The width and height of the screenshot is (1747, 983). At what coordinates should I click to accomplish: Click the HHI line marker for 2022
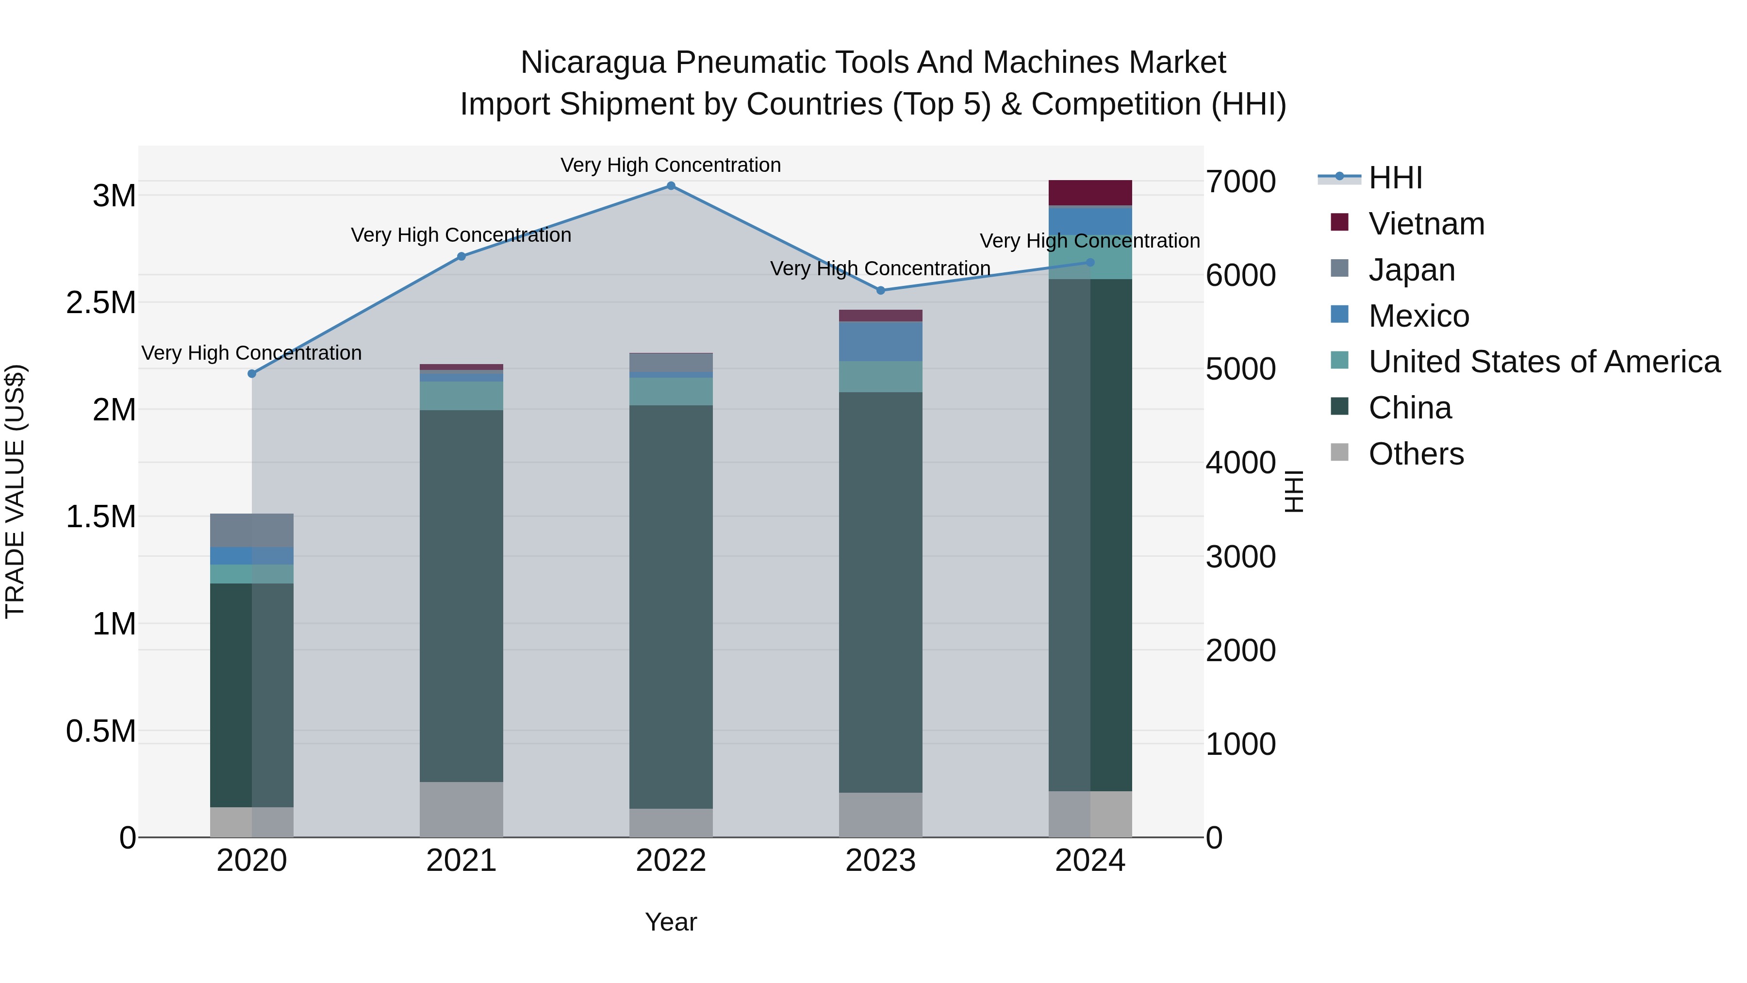click(671, 186)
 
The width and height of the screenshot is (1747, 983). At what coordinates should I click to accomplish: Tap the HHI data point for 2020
click(251, 374)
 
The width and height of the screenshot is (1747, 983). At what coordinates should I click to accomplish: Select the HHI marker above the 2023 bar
click(880, 290)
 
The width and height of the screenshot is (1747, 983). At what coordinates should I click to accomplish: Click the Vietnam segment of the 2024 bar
click(1090, 193)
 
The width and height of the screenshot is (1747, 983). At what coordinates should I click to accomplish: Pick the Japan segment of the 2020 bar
click(251, 531)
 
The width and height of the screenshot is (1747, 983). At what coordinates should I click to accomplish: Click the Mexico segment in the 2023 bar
click(880, 341)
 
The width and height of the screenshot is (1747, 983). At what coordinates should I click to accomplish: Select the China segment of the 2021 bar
click(461, 596)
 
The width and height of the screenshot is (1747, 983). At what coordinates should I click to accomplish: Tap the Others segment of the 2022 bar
click(671, 822)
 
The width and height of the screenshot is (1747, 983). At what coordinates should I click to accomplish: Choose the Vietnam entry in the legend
click(1426, 224)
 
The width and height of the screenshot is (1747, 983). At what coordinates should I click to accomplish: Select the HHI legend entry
click(1395, 178)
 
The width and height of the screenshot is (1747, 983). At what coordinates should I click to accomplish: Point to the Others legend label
click(1416, 454)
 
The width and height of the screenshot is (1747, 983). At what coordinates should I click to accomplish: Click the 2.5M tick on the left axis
click(101, 302)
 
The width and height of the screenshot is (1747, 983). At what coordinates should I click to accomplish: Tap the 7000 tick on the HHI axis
click(1240, 182)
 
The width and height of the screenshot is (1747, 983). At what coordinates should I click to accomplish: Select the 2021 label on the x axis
click(461, 861)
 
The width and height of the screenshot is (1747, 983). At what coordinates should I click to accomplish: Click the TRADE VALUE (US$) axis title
click(15, 491)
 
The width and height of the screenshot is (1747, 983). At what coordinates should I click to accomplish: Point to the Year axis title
click(671, 922)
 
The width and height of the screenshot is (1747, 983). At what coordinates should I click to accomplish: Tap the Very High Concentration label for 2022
click(671, 165)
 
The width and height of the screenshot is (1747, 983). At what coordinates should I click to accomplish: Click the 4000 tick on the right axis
click(1240, 464)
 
